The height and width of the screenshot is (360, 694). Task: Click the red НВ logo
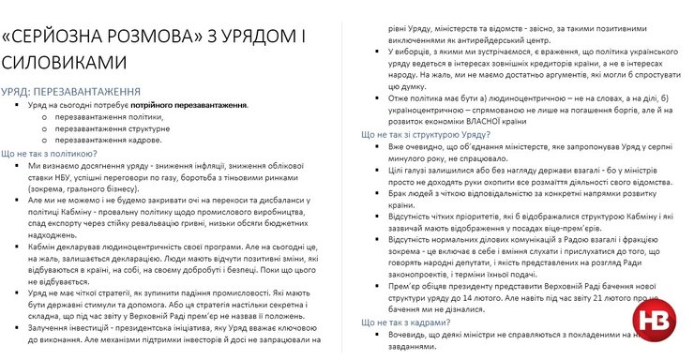pos(659,322)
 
